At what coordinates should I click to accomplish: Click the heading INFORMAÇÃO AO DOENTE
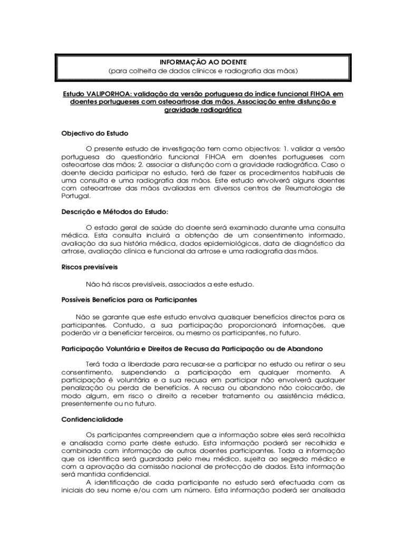[203, 62]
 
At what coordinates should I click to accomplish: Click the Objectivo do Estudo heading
[95, 133]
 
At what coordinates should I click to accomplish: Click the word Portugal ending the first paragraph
[76, 196]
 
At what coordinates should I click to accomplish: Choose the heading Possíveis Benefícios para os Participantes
[129, 300]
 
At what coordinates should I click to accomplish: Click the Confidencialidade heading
[92, 419]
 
